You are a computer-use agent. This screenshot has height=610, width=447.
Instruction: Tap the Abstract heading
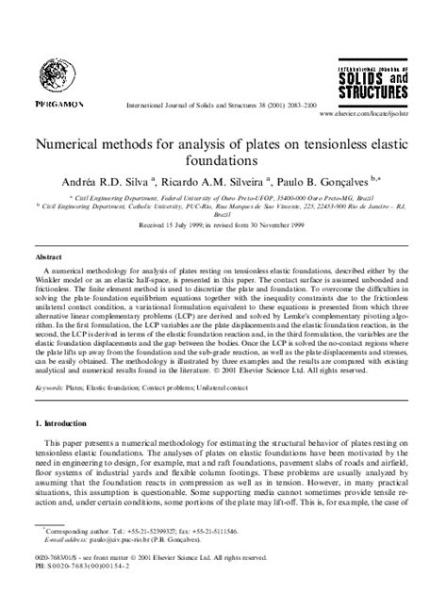pyautogui.click(x=50, y=255)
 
